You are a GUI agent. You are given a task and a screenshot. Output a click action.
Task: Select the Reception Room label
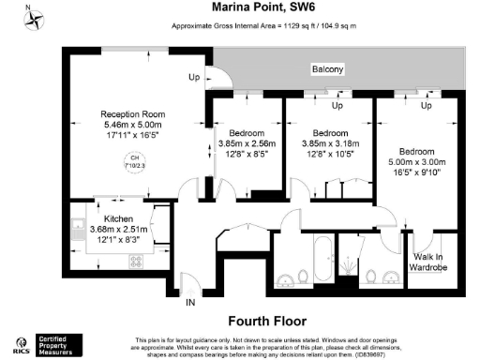(x=132, y=113)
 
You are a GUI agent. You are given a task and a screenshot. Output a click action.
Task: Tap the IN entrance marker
(x=189, y=302)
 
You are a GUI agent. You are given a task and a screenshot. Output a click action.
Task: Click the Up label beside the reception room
(x=195, y=77)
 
